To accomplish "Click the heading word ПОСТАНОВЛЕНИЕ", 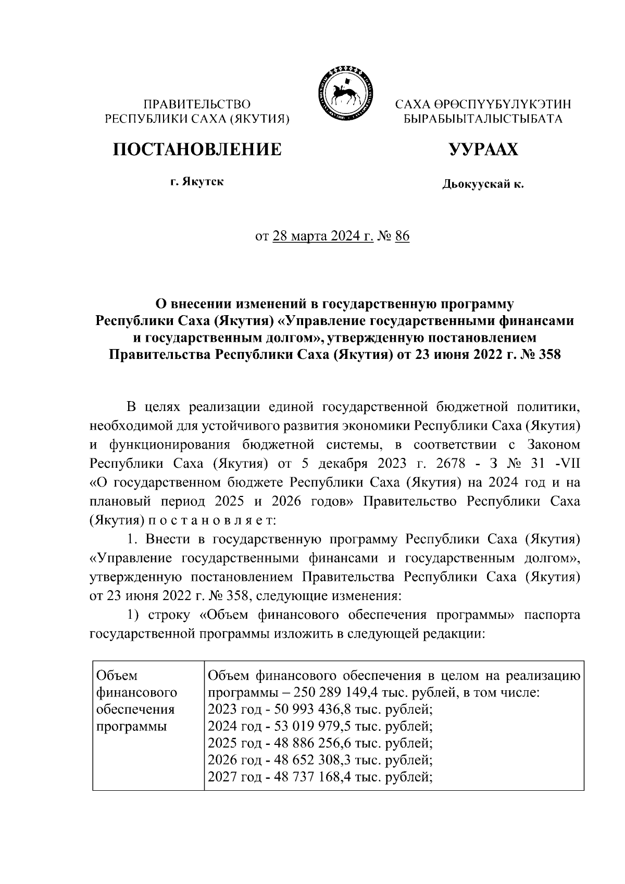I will pos(197,150).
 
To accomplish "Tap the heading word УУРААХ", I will pos(484,150).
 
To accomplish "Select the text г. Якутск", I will pos(197,182).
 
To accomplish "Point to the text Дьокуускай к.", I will pos(483,184).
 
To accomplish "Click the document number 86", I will pos(403,236).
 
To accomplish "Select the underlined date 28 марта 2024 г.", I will pos(323,236).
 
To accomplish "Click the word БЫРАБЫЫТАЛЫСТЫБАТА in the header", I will pos(483,119).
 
